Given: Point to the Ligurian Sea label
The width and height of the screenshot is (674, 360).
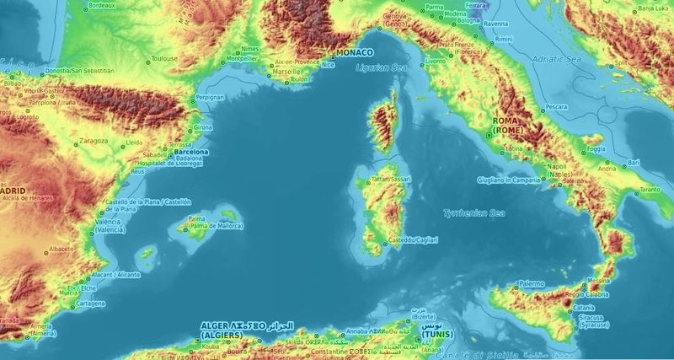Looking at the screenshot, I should click(x=381, y=67).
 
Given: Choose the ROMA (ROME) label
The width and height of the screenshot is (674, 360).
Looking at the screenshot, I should click(x=508, y=127).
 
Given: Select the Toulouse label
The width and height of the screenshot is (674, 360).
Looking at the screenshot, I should click(x=164, y=59).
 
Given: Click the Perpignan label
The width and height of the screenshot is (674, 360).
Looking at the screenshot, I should click(x=210, y=98).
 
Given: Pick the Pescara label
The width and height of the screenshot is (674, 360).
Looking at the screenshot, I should click(x=558, y=107).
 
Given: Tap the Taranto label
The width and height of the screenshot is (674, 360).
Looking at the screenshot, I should click(x=650, y=191).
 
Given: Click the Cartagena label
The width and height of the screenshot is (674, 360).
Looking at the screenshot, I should click(x=91, y=304).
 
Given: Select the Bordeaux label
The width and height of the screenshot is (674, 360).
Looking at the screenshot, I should click(x=102, y=5).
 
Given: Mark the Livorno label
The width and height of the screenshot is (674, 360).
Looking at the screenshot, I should click(x=436, y=62).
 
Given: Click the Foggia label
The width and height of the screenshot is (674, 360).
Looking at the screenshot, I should click(x=596, y=149).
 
